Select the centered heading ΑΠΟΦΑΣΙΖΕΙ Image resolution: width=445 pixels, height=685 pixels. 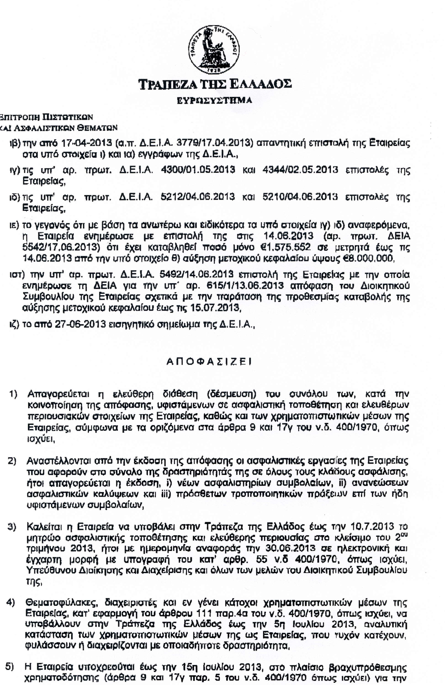tap(209, 361)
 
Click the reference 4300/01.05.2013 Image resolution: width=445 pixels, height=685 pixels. tap(198, 170)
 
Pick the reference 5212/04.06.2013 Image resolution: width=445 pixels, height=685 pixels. tap(198, 197)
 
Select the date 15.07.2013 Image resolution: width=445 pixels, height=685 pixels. tap(215, 308)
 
